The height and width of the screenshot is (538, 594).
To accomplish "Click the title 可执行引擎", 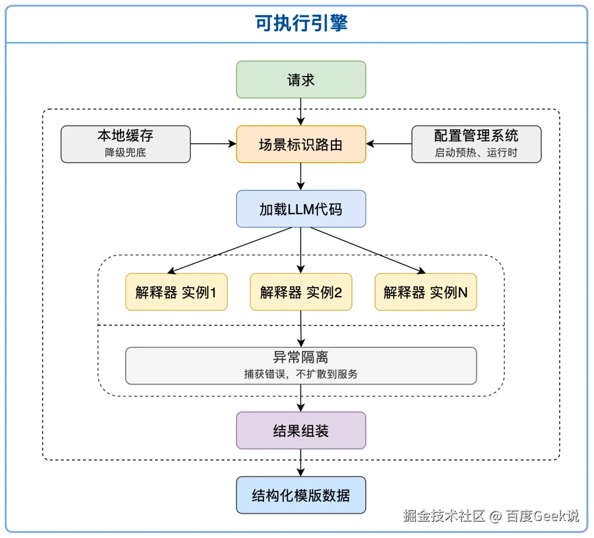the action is [301, 23].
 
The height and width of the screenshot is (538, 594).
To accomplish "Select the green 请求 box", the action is [301, 80].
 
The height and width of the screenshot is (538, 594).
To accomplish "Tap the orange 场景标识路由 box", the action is [301, 144].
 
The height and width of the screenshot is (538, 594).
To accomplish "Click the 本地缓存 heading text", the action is [125, 136].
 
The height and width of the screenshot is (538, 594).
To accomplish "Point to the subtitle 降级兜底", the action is [125, 152].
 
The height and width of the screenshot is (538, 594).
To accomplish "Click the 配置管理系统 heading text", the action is [476, 136].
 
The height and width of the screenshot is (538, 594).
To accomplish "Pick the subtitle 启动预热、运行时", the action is [476, 152].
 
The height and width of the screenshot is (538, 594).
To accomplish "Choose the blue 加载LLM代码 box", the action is [301, 208].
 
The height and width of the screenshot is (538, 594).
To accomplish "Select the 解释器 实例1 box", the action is [177, 292].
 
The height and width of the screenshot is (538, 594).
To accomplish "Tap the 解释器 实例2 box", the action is [301, 292].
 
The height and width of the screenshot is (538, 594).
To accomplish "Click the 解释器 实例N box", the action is [426, 292].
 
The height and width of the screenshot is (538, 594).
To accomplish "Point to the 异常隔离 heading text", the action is [301, 357].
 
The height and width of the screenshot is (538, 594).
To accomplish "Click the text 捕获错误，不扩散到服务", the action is [301, 374].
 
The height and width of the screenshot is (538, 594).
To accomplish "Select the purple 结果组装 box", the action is [301, 430].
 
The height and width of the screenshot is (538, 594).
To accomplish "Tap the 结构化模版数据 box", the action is [301, 495].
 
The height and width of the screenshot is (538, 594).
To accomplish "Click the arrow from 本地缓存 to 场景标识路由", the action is [213, 144].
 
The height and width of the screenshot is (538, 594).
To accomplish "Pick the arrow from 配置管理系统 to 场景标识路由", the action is [389, 144].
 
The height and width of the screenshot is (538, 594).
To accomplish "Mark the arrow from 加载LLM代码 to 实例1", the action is [229, 250].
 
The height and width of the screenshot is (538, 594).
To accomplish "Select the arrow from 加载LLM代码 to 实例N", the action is [368, 250].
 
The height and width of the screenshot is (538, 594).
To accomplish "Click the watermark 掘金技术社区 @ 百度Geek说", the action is [491, 515].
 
